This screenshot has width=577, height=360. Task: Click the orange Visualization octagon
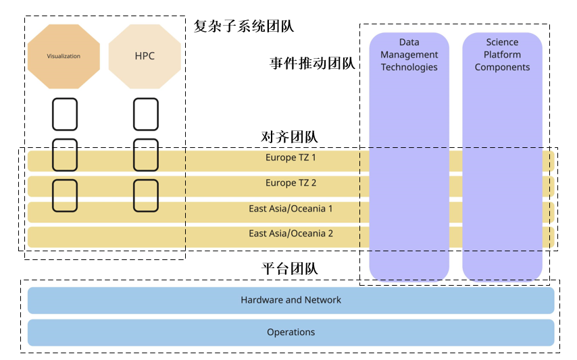coord(64,56)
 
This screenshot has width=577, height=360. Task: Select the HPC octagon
coord(145,56)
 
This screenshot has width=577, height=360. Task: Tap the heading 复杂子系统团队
coord(244,26)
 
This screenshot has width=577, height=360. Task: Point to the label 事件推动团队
coord(312,63)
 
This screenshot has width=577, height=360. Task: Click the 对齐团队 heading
coord(289,136)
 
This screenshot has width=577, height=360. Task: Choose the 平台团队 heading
coord(289,268)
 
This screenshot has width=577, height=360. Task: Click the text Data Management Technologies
coord(409,55)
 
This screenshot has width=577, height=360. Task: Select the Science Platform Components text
coord(502,55)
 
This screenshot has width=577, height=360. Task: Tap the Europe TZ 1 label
coord(291,158)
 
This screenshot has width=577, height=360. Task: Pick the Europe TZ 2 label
coord(291,183)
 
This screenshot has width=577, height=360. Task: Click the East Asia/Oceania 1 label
coord(291,209)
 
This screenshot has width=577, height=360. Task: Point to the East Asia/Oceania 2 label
coord(291,234)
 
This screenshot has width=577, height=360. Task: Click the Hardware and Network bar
coord(291,300)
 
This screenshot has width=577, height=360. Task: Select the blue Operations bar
coord(291,332)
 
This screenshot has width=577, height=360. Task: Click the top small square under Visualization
coord(65,114)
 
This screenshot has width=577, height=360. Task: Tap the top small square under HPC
coord(146,114)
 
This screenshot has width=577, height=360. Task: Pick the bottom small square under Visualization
coord(65,196)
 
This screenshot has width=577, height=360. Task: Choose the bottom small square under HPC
coord(146,196)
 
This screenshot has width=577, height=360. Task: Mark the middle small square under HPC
coord(146,155)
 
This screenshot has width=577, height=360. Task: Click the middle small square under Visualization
coord(65,155)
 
